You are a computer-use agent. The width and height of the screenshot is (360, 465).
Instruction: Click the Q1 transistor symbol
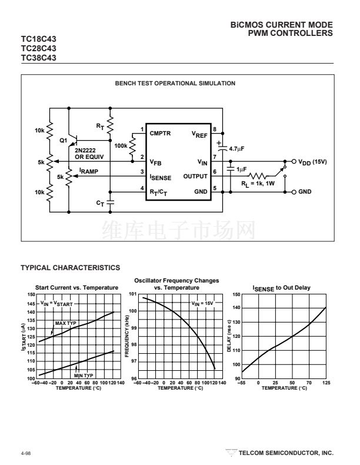coord(73,141)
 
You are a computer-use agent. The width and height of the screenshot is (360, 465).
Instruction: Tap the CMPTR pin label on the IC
coord(160,134)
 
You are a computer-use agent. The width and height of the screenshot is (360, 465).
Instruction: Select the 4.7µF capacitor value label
coord(236,148)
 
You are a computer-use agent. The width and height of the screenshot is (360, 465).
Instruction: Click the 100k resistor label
coord(121,145)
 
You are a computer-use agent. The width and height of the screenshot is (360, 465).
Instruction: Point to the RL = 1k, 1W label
coord(258,184)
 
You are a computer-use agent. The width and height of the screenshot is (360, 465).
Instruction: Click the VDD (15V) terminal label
coord(312,162)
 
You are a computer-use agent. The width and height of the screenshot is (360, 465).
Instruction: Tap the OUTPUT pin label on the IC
coord(195,176)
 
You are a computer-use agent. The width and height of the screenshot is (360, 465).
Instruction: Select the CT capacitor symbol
coord(110,202)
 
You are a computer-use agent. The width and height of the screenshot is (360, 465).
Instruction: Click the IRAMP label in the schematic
coord(89,171)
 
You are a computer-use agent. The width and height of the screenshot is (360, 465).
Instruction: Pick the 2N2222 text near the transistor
coord(85,150)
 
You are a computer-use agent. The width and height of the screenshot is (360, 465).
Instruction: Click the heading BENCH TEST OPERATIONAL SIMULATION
coord(175,84)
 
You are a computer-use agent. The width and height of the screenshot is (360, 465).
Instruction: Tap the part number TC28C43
coord(38,48)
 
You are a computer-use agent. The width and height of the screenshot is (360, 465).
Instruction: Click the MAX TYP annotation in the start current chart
coord(65,323)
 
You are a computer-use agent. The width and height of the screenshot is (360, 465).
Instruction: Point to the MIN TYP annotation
coord(84,376)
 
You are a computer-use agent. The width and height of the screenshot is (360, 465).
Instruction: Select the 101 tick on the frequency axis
coord(133,294)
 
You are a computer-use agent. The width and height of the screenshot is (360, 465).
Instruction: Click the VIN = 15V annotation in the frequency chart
coord(202,304)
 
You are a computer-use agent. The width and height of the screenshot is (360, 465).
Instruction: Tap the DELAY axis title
coord(229,336)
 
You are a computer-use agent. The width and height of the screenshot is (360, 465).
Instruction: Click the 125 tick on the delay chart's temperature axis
coord(326,383)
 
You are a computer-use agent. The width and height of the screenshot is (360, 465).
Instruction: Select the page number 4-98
coord(26,453)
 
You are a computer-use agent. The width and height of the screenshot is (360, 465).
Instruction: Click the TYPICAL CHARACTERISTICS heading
coord(71,268)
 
